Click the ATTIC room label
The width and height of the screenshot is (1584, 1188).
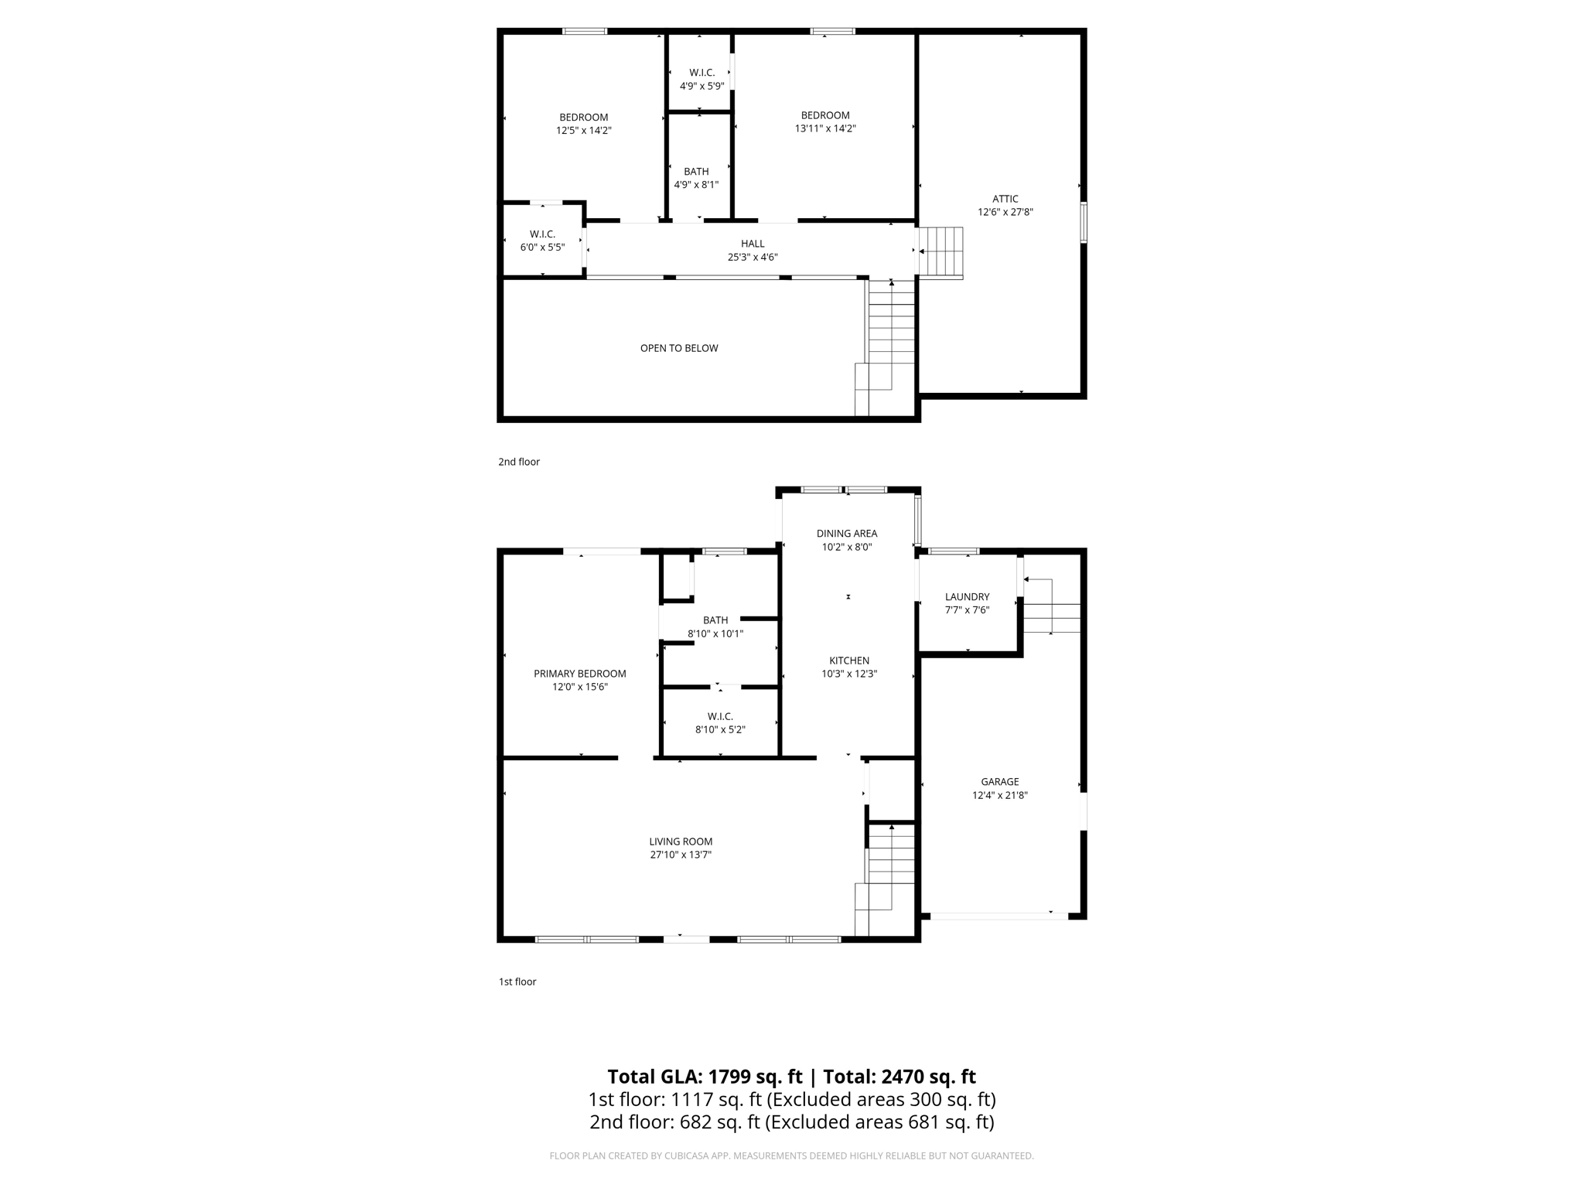point(1005,199)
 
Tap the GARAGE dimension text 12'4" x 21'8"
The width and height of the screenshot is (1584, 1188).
point(999,795)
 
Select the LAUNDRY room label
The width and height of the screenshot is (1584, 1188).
point(967,596)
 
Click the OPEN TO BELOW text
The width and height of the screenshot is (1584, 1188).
point(678,348)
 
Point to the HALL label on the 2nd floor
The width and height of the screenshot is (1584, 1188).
point(752,244)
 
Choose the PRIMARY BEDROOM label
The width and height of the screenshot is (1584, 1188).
point(579,674)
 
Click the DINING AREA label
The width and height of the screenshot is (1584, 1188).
point(846,533)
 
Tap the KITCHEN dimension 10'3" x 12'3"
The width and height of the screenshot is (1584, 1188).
point(848,674)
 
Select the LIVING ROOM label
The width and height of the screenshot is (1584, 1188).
point(681,841)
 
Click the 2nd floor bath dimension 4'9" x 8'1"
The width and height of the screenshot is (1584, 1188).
point(696,185)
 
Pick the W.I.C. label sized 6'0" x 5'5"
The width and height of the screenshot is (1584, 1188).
point(542,234)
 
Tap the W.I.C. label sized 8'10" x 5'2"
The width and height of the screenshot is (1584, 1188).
point(719,716)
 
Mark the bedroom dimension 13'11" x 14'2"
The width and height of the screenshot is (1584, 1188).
point(824,128)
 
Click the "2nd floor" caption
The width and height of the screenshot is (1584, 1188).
point(518,462)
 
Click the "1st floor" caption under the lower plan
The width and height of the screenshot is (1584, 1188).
point(517,981)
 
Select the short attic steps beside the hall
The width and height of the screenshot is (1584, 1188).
point(941,251)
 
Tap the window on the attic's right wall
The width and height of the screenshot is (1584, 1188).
point(1084,222)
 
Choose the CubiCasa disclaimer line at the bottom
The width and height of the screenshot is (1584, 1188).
point(791,1156)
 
